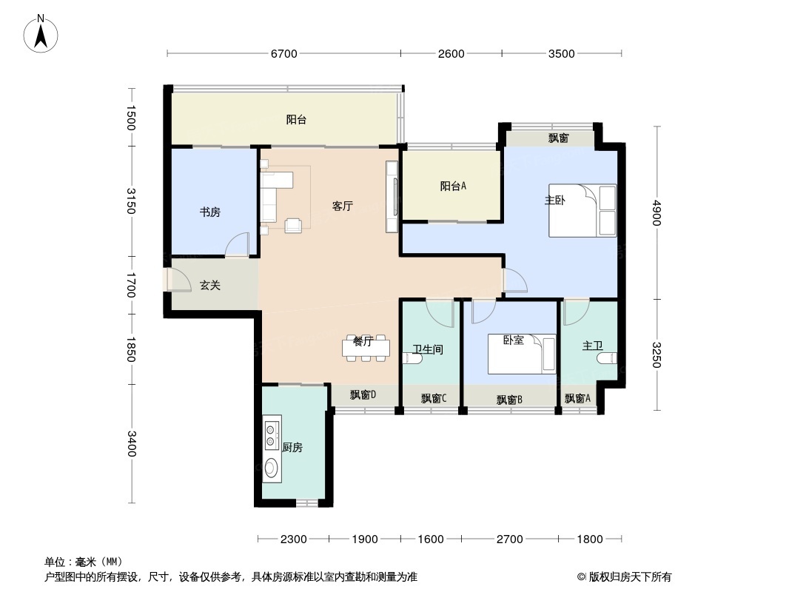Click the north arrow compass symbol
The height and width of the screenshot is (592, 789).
point(41,34)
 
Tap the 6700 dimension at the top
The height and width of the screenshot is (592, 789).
point(284,54)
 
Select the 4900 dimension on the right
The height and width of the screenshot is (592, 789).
point(657,213)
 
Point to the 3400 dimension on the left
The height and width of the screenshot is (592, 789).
point(131,443)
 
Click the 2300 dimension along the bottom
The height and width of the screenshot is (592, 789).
point(293,539)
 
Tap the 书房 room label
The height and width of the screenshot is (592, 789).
point(209,212)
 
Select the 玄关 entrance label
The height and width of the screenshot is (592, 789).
point(209,285)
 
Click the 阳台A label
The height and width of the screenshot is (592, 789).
point(453,186)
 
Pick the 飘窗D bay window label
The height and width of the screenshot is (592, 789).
point(363,395)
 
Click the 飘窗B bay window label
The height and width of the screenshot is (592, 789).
point(509,400)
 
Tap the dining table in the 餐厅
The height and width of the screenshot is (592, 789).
point(366,348)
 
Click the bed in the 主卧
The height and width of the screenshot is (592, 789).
point(582,210)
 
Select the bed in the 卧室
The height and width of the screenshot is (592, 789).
point(522,354)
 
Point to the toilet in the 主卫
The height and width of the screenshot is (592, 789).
point(608,358)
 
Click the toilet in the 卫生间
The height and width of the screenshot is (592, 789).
point(413,358)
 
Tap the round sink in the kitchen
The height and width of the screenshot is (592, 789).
point(271,468)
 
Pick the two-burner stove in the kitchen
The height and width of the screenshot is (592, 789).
point(271,436)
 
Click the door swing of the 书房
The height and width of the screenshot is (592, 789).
point(237,245)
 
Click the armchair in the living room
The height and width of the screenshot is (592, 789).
point(293,226)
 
